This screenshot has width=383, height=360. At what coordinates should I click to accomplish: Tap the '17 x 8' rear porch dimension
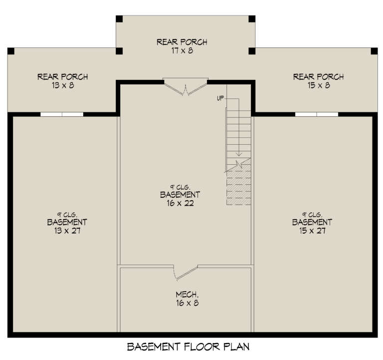(182, 51)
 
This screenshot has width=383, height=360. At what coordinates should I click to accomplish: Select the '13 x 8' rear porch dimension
(62, 86)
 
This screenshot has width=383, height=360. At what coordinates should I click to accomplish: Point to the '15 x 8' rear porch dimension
(318, 86)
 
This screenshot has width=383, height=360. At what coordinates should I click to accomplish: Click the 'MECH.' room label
(182, 294)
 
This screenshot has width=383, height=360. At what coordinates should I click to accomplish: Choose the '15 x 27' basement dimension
(312, 231)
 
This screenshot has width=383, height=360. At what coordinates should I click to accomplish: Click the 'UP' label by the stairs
(220, 98)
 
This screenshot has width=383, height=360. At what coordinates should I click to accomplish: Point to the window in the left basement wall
(62, 114)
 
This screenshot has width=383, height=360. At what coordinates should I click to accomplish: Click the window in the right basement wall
(316, 114)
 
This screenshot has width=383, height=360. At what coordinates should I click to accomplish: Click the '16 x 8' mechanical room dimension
(182, 303)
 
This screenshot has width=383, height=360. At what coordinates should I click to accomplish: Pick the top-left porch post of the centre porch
(119, 19)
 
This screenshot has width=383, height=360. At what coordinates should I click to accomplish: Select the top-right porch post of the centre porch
(252, 19)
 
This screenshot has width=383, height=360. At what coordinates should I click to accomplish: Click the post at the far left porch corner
(11, 51)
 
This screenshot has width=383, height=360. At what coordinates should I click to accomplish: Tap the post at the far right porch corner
(375, 51)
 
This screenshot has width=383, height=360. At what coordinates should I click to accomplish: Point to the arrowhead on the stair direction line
(239, 154)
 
